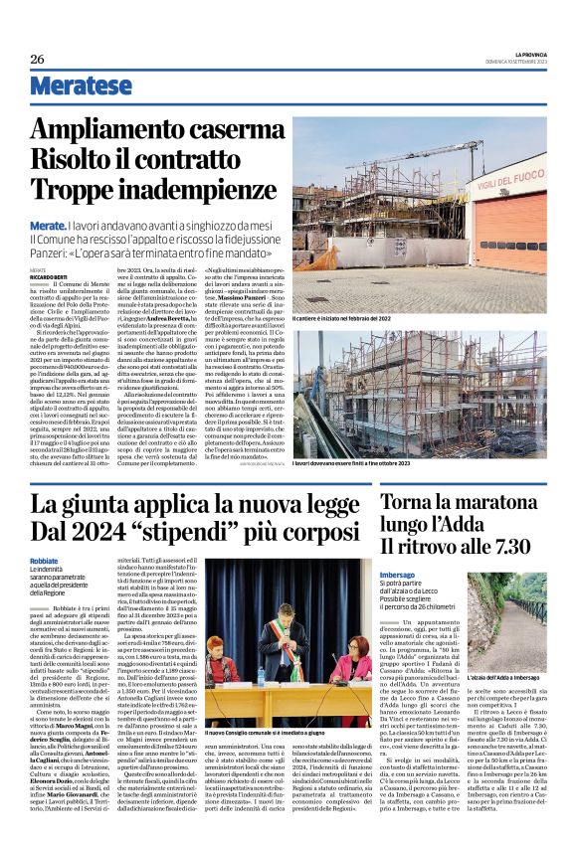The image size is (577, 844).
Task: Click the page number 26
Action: point(37,59)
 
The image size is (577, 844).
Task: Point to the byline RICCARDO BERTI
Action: point(76,275)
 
